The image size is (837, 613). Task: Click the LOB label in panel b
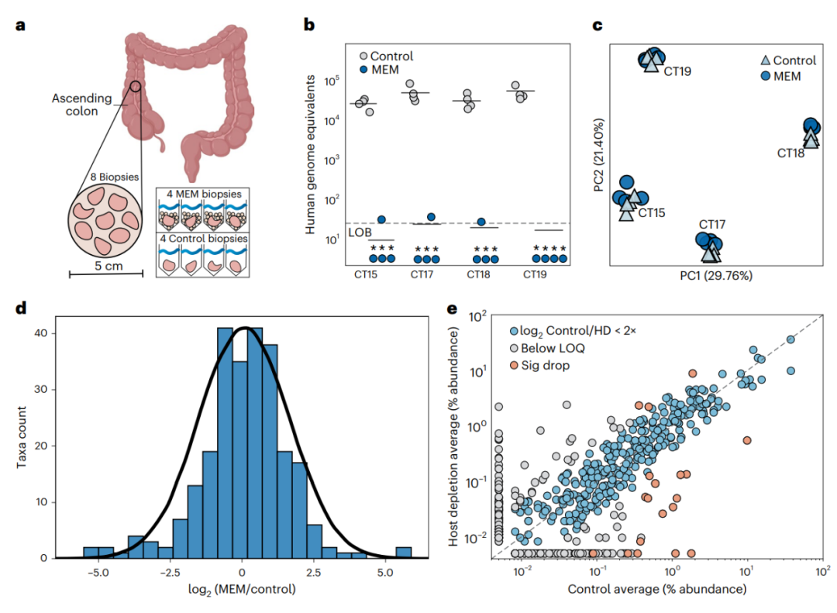pos(359,231)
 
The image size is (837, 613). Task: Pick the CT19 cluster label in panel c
pos(677,71)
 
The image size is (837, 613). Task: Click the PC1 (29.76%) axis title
pos(715,275)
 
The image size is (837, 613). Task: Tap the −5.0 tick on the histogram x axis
pos(98,574)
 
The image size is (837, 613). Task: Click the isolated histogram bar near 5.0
pos(403,552)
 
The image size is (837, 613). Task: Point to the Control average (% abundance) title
pos(657,590)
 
